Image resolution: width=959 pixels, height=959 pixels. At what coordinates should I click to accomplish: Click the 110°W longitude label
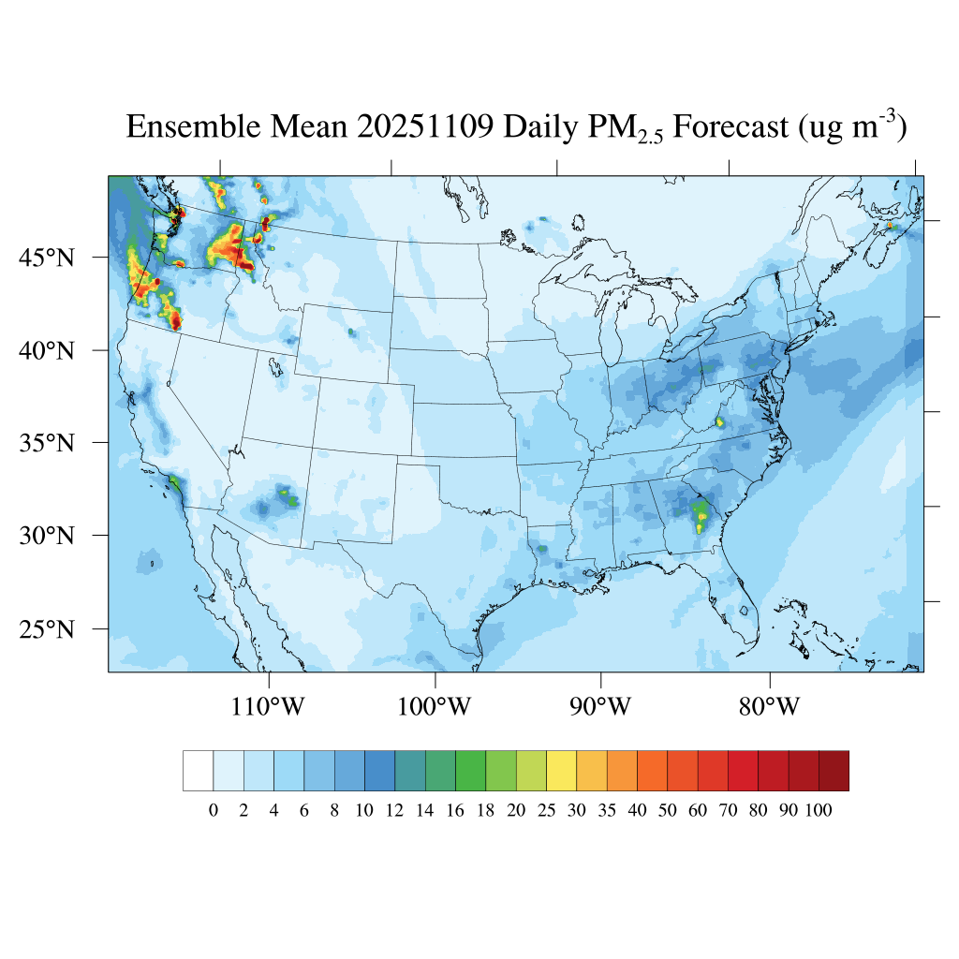(x=268, y=707)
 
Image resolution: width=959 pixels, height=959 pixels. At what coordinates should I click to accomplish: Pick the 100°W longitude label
(x=435, y=707)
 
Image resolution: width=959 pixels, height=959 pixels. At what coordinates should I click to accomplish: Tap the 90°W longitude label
(x=600, y=707)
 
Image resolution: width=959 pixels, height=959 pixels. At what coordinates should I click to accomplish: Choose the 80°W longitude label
(x=769, y=707)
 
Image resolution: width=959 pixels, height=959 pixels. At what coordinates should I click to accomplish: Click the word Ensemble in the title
(x=192, y=126)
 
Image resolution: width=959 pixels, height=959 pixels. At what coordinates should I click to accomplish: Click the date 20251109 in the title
(x=425, y=126)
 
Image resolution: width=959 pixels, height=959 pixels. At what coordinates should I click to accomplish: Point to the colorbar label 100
(x=818, y=811)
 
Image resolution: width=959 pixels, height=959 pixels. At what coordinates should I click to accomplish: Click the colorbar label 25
(x=546, y=811)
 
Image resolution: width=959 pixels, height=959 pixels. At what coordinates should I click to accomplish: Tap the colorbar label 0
(x=213, y=811)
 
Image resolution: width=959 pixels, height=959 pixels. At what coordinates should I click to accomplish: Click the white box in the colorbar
(x=198, y=771)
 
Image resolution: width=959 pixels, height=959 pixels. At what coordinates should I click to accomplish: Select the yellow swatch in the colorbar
(x=561, y=771)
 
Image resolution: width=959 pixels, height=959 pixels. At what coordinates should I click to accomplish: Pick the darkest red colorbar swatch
(x=834, y=771)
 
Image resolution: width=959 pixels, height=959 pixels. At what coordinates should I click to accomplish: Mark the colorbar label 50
(x=667, y=811)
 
